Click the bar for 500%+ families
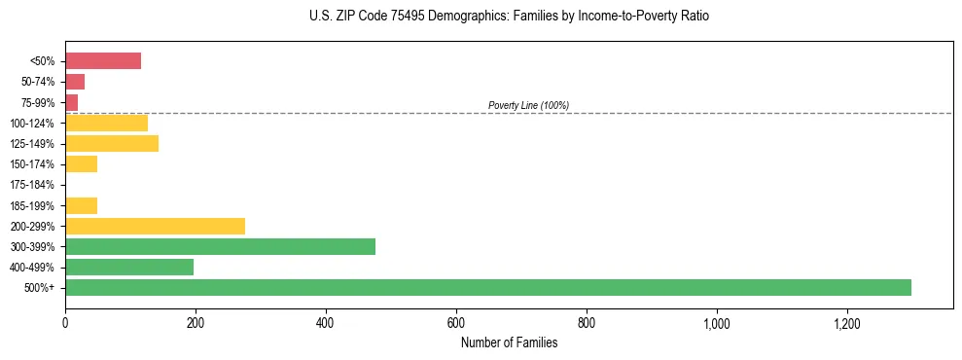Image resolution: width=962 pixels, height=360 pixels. [x=487, y=287]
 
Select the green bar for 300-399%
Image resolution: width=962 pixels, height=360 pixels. [x=220, y=246]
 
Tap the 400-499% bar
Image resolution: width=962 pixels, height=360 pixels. [x=129, y=267]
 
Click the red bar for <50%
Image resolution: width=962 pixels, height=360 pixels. [x=103, y=61]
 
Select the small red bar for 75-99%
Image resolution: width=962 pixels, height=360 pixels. [x=71, y=102]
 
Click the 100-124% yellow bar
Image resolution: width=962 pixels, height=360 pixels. [x=106, y=123]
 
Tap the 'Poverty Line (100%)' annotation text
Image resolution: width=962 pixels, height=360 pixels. [x=528, y=105]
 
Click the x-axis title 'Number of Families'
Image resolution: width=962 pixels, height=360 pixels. [x=509, y=342]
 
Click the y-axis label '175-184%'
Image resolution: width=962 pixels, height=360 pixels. [x=32, y=185]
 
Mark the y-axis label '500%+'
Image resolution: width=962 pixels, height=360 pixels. [x=41, y=288]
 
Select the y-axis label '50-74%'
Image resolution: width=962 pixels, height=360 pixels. [x=37, y=82]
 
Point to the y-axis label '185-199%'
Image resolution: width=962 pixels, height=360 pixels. [x=32, y=205]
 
